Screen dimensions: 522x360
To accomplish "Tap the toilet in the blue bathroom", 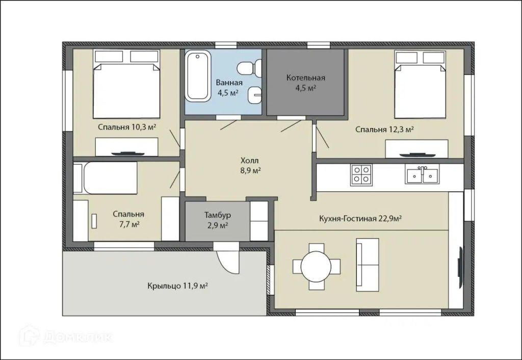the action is click(249, 68).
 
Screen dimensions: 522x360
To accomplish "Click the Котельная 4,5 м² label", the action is click(306, 83).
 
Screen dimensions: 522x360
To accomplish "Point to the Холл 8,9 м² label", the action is click(250, 166).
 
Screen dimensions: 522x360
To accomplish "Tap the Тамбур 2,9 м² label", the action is click(217, 220).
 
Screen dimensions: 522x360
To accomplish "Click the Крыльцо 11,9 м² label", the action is click(178, 286).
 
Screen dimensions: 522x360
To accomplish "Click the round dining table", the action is click(316, 266).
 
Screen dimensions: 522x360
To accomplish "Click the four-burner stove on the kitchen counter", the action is click(361, 175).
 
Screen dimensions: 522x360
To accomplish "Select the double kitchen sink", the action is click(422, 174).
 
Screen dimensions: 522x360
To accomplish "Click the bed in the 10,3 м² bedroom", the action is click(126, 84).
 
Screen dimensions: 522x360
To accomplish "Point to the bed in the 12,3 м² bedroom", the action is click(420, 85).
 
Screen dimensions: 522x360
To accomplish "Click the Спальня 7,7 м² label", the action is click(128, 219).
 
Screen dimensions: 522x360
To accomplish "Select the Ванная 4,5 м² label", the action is click(229, 88).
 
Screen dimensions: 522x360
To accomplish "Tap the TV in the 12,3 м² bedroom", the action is click(417, 154).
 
